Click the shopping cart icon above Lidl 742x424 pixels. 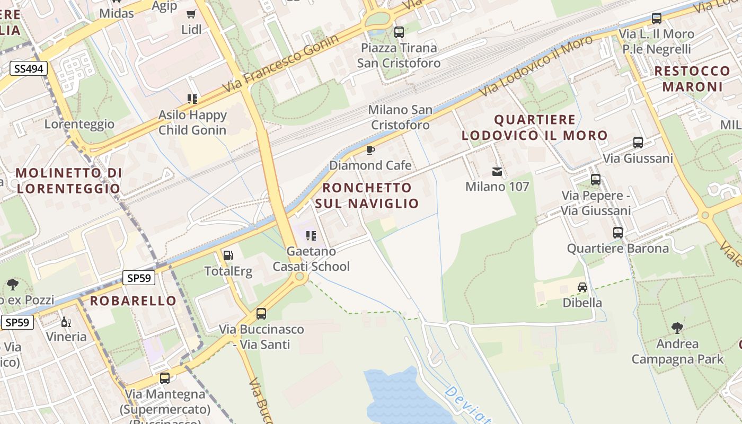[x=191, y=14]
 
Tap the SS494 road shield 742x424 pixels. [x=29, y=68]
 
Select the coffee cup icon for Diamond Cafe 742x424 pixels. [x=370, y=151]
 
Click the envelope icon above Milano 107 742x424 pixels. [x=497, y=172]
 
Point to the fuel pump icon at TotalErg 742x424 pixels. [x=228, y=255]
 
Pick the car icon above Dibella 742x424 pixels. [x=582, y=287]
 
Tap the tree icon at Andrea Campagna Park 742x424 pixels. [x=677, y=328]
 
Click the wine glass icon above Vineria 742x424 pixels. [x=66, y=321]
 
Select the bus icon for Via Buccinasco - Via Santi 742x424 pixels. [x=261, y=314]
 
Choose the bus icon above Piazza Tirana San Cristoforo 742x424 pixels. [x=399, y=32]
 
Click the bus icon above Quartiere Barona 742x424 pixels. [x=618, y=233]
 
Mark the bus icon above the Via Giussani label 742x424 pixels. [x=638, y=143]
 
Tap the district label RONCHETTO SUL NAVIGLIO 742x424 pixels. [x=367, y=195]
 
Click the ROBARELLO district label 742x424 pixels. [x=133, y=301]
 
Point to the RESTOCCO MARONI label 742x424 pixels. [x=692, y=78]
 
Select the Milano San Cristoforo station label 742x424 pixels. [x=400, y=117]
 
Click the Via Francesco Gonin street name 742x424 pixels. [x=280, y=64]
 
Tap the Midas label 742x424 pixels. [x=117, y=13]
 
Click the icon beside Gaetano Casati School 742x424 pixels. [x=311, y=235]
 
